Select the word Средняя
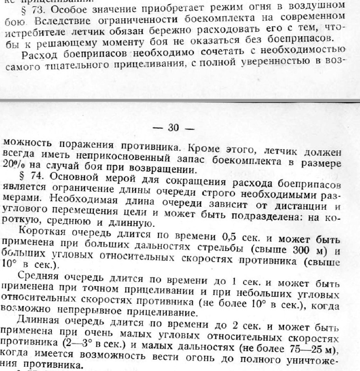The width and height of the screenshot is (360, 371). [39, 276]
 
